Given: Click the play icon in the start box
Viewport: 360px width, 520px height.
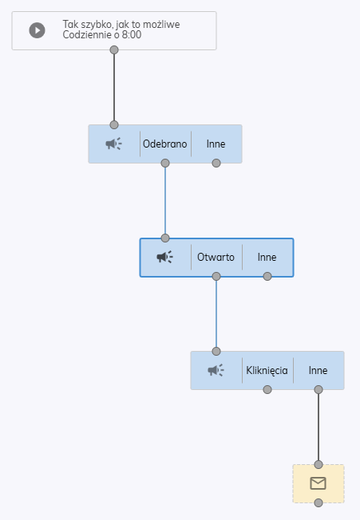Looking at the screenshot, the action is [x=38, y=30].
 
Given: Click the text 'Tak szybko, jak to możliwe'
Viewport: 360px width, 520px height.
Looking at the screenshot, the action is [x=121, y=24].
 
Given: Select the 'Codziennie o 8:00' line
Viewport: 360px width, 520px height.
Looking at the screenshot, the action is [x=102, y=34].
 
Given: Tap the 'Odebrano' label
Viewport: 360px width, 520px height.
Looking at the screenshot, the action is [x=165, y=144].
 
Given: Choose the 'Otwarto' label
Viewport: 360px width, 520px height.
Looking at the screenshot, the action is [x=216, y=257].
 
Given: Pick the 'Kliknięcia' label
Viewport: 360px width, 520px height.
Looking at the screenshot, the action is [x=267, y=370].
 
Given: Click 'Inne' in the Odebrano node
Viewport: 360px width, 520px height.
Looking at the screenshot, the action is [x=216, y=144].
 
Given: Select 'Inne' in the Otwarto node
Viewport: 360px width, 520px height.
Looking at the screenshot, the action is [x=267, y=257].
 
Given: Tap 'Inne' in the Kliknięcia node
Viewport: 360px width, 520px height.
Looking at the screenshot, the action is [x=318, y=370].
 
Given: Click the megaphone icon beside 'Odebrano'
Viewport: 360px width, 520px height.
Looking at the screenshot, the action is [x=114, y=144].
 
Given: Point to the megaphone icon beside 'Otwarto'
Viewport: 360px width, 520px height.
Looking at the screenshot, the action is [x=165, y=257].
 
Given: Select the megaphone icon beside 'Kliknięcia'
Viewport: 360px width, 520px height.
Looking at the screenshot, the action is [x=216, y=370].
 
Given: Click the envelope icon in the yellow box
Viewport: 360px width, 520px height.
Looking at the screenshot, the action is [x=318, y=483].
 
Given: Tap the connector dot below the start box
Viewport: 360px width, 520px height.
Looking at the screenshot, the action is [x=114, y=50].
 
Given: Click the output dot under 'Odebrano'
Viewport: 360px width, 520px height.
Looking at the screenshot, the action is [x=165, y=163].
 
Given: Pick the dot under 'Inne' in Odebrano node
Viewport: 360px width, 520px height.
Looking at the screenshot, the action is [x=216, y=163].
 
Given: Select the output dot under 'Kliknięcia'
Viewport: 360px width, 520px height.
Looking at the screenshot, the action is [x=267, y=390].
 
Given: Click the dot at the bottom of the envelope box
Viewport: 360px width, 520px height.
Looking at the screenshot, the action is [x=318, y=503].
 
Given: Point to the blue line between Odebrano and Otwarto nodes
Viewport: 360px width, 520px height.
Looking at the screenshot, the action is [x=165, y=201].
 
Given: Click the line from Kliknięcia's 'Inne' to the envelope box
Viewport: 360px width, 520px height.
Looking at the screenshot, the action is [x=318, y=427].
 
